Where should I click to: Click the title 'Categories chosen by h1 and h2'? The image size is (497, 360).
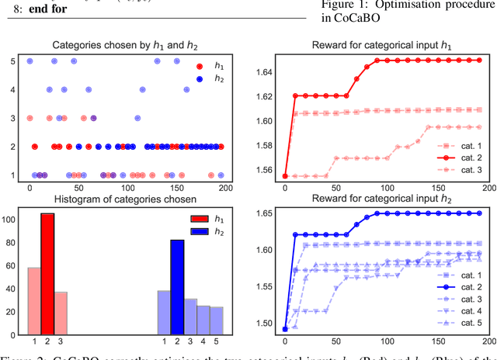[124, 46]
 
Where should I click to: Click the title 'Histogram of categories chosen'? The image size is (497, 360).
[124, 202]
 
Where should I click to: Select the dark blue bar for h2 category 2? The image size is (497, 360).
[178, 287]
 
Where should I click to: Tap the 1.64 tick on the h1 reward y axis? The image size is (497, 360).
[266, 73]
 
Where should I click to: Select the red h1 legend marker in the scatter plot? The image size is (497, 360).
[200, 67]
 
